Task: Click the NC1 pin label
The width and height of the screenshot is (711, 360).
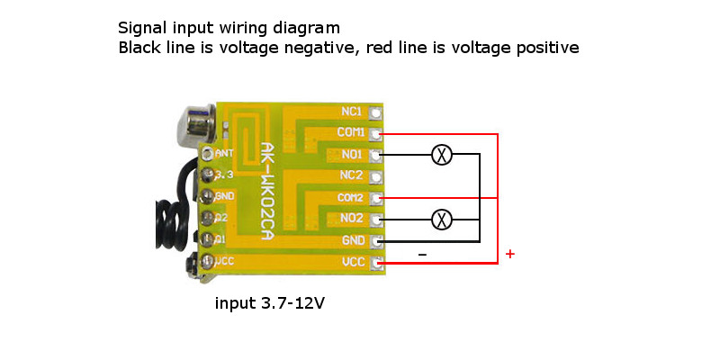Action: coord(351,112)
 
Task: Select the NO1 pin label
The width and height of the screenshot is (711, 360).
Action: coord(351,155)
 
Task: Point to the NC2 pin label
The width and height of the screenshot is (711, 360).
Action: coord(351,175)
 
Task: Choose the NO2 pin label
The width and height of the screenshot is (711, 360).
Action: coord(351,219)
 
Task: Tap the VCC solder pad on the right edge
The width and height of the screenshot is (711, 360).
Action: coord(376,262)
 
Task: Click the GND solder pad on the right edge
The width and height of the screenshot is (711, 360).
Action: coord(376,240)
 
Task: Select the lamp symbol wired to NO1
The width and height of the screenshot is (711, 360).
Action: coord(441,155)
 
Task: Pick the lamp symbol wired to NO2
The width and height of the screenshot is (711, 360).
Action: coord(441,219)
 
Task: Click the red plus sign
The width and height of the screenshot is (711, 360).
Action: coord(510,255)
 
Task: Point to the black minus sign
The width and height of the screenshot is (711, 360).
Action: coord(422,255)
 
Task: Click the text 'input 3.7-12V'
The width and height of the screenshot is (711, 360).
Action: coord(269,303)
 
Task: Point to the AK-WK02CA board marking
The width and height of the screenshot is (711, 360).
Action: coord(266,189)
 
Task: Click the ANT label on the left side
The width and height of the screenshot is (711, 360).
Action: coord(224,153)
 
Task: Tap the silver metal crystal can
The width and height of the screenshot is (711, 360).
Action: coord(189,121)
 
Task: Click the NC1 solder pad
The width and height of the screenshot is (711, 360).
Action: coord(376,112)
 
